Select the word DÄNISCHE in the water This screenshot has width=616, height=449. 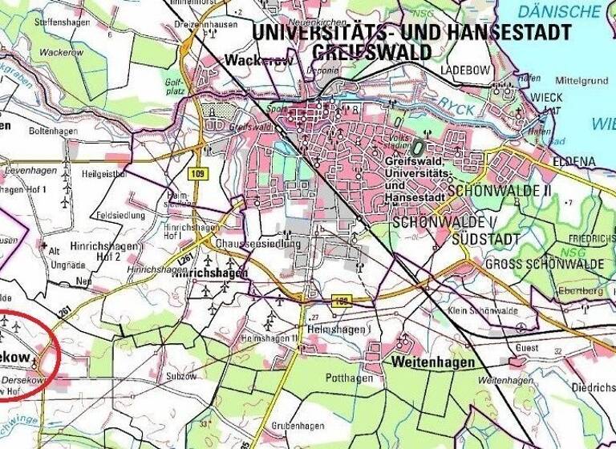tap(559, 11)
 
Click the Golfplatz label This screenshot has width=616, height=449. tap(176, 86)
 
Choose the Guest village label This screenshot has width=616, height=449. tap(526, 348)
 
